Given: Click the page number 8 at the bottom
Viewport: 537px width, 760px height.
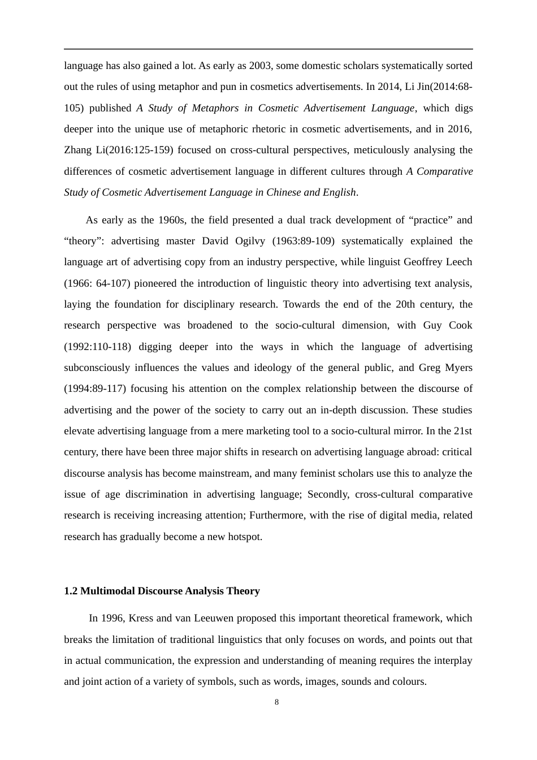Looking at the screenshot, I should (276, 702).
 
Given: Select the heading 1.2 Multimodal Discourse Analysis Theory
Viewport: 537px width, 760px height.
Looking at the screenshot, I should (162, 591).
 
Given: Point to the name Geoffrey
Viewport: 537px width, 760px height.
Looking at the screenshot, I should (423, 262).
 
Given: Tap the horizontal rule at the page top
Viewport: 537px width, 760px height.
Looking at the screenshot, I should (268, 49).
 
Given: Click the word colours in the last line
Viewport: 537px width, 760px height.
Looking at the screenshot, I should (408, 681).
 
